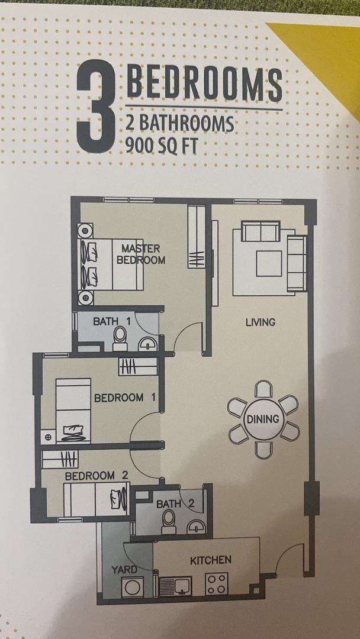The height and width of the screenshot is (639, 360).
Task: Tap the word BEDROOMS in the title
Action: click(204, 84)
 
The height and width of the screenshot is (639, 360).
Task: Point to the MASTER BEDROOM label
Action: click(141, 254)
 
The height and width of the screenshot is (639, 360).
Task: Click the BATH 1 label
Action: click(112, 321)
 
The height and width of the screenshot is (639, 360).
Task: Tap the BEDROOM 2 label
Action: click(97, 475)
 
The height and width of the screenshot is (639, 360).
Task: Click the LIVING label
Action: click(261, 322)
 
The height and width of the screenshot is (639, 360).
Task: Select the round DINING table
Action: click(263, 419)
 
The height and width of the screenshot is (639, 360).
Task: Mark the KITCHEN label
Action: click(210, 560)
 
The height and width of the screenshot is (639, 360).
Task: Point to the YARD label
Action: click(124, 569)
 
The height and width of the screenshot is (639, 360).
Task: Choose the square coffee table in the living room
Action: click(269, 263)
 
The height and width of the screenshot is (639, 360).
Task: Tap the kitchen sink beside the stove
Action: click(176, 586)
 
